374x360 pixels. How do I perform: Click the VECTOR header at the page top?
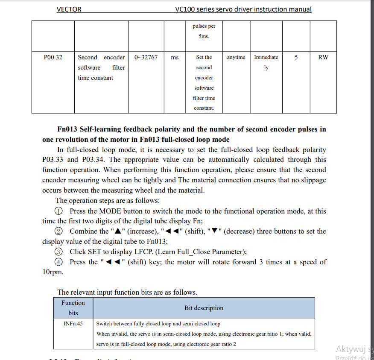(69, 9)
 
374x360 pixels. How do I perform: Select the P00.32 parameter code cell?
(53, 57)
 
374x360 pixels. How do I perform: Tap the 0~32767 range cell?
(146, 57)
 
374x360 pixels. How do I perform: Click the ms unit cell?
(175, 57)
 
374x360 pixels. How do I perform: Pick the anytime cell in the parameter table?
(236, 57)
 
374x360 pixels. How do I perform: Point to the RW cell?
(323, 57)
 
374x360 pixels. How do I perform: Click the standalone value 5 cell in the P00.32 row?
(296, 57)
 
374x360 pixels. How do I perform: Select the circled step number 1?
(59, 211)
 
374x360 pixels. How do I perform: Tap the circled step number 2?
(59, 231)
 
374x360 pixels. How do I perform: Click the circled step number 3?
(59, 252)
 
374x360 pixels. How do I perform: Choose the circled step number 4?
(59, 262)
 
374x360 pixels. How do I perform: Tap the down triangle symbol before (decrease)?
(214, 231)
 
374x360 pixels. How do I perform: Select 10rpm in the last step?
(53, 272)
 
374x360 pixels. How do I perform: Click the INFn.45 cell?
(73, 324)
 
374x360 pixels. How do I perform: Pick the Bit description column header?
(204, 308)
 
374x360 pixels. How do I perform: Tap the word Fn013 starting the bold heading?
(67, 129)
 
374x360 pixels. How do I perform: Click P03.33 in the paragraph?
(53, 160)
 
